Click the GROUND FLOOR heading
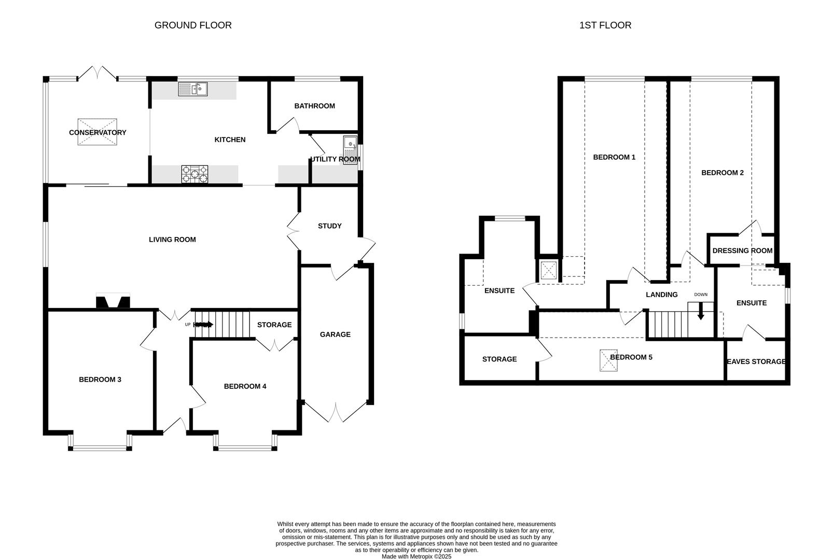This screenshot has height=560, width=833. pyautogui.click(x=193, y=25)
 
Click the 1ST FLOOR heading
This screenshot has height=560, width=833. pyautogui.click(x=605, y=25)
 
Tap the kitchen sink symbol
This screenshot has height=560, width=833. pyautogui.click(x=192, y=89)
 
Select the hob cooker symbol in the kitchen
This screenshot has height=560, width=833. pyautogui.click(x=195, y=174)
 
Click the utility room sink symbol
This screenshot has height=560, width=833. pyautogui.click(x=350, y=150)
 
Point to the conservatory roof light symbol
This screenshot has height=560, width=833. pyautogui.click(x=98, y=132)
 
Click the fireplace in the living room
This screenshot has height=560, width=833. pyautogui.click(x=113, y=301)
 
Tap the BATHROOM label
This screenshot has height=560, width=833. pyautogui.click(x=314, y=106)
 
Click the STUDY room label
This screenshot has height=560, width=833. pyautogui.click(x=329, y=226)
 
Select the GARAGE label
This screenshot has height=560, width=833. pyautogui.click(x=335, y=334)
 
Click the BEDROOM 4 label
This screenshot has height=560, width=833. pyautogui.click(x=245, y=386)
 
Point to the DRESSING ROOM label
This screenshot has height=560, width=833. pyautogui.click(x=742, y=250)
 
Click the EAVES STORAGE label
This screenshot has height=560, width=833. pyautogui.click(x=756, y=361)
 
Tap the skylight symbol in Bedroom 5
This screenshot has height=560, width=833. pyautogui.click(x=609, y=360)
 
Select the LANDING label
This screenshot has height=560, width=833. pyautogui.click(x=661, y=295)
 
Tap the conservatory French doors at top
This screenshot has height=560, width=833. pyautogui.click(x=98, y=74)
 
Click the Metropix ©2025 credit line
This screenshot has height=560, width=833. pyautogui.click(x=416, y=556)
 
